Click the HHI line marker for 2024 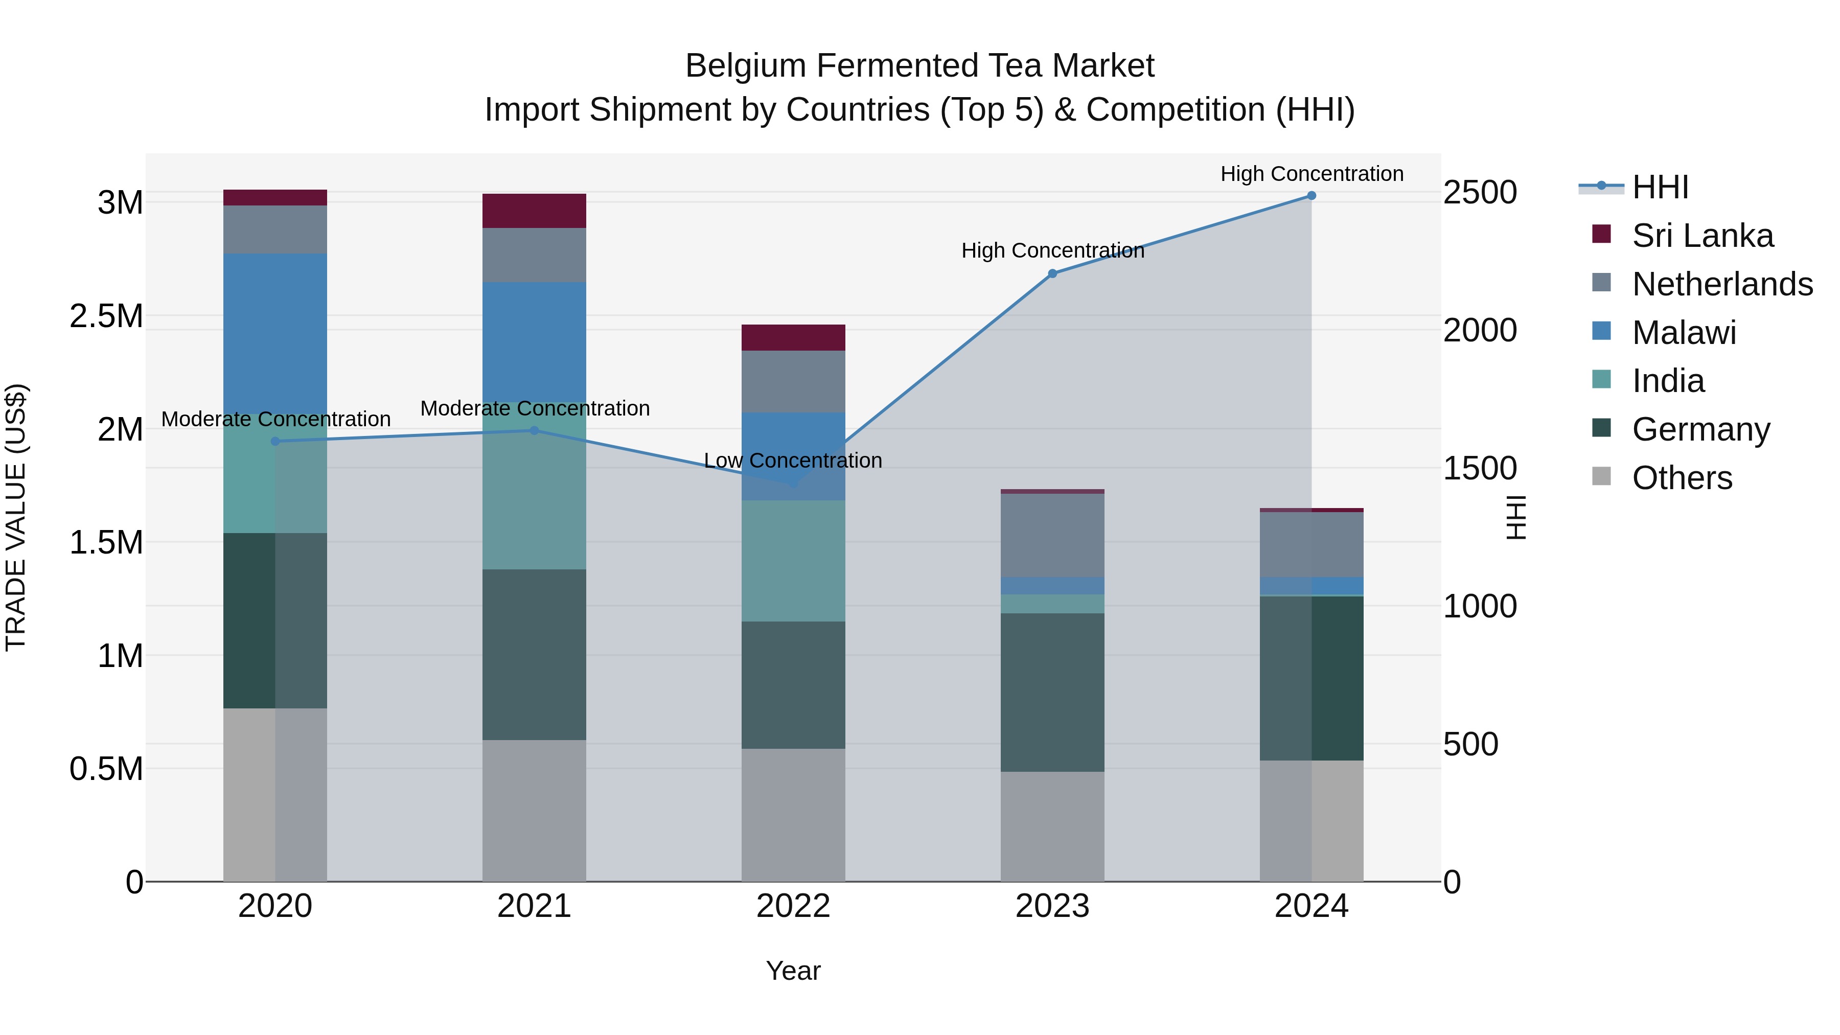coord(1312,196)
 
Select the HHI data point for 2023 coord(1052,273)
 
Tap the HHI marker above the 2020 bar coord(275,442)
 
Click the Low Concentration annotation coord(793,461)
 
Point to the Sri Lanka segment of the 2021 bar coord(534,211)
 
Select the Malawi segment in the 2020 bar coord(275,334)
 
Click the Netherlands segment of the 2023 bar coord(1052,535)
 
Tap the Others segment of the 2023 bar coord(1052,826)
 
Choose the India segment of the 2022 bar coord(793,561)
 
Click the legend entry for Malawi coord(1684,333)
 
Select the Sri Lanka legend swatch coord(1601,234)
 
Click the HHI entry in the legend coord(1660,187)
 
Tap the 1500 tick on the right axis coord(1480,469)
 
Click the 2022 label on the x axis coord(793,906)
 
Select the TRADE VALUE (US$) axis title coord(16,517)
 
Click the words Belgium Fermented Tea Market coord(919,66)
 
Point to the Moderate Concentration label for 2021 coord(534,408)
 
